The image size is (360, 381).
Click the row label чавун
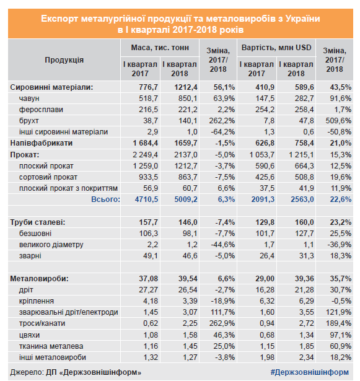click(29, 99)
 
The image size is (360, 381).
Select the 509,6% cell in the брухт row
click(338, 121)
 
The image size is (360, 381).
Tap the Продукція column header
click(64, 60)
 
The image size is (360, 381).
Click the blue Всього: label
click(106, 199)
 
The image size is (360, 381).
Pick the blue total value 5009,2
click(186, 199)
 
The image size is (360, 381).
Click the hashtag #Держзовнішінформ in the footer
click(310, 372)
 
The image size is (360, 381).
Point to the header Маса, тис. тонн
click(160, 47)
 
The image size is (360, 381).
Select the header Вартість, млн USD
click(276, 47)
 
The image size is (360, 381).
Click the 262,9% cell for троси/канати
click(222, 323)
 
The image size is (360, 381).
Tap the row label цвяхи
click(29, 335)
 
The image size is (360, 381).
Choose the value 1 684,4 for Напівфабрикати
click(146, 143)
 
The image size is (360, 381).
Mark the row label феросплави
click(41, 110)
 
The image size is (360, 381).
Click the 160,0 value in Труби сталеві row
click(304, 222)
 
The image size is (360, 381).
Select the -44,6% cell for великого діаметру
click(223, 245)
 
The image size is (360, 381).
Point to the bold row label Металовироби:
click(40, 279)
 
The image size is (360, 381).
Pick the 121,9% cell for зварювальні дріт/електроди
click(338, 312)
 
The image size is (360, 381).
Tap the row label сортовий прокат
click(48, 177)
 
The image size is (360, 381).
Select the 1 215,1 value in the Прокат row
click(301, 155)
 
